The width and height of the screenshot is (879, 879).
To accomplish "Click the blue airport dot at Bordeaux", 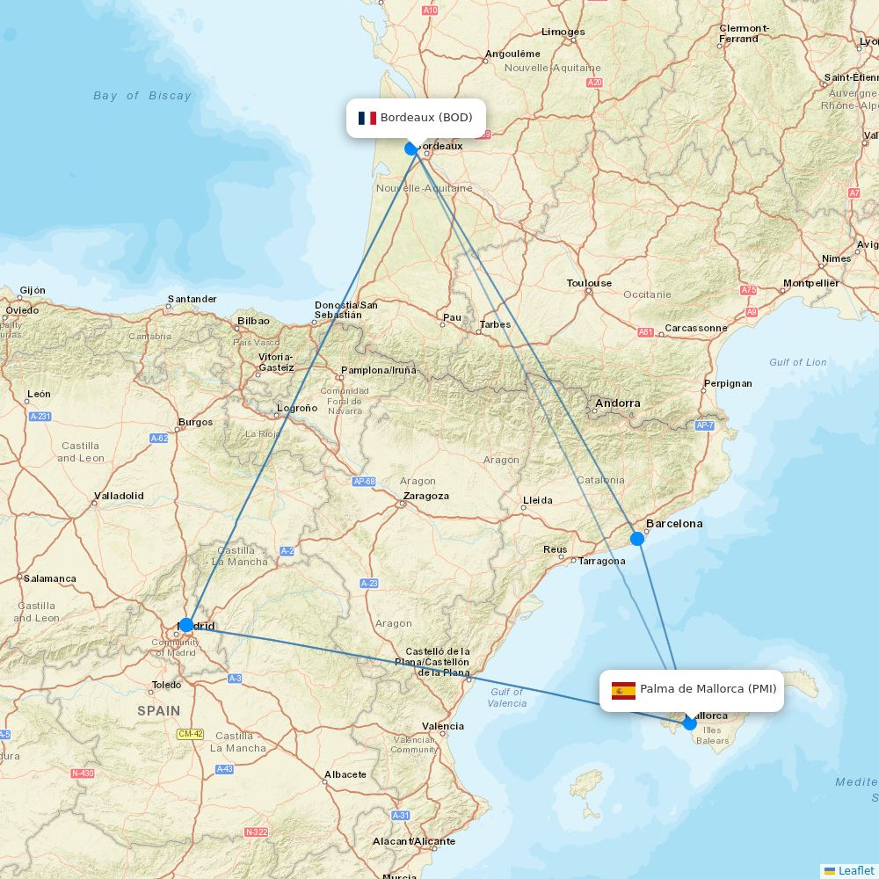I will [x=410, y=149].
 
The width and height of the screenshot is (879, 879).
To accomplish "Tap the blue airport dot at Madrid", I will [x=185, y=625].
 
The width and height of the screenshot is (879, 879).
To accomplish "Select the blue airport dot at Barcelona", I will [x=637, y=538].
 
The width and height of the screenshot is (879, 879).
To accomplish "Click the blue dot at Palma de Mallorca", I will [x=690, y=723].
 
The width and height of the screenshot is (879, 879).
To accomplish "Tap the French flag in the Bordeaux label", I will [x=367, y=118].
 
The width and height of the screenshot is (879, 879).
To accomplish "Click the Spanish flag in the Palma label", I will [x=623, y=690].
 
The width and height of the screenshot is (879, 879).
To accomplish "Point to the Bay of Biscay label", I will [x=142, y=96].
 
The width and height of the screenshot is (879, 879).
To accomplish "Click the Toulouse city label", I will [x=589, y=283].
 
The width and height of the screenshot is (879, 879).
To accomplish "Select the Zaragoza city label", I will [x=425, y=496].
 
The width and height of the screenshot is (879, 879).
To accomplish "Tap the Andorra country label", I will [x=618, y=403].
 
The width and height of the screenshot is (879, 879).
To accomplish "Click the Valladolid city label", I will [x=119, y=496].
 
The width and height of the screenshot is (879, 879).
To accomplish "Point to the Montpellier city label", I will [x=810, y=283].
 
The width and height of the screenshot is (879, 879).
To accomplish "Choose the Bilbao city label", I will [x=253, y=321].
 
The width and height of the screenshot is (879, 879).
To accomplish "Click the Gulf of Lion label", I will [x=797, y=362].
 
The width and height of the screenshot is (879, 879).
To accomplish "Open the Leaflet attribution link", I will [x=855, y=870].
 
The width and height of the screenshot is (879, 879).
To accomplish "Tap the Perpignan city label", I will [x=728, y=383].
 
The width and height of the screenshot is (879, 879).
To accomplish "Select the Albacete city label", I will [x=345, y=774].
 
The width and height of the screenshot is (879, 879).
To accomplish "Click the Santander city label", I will [x=192, y=299].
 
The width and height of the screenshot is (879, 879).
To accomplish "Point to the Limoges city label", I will [x=563, y=32].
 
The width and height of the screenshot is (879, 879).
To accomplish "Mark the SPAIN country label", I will [x=158, y=710].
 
